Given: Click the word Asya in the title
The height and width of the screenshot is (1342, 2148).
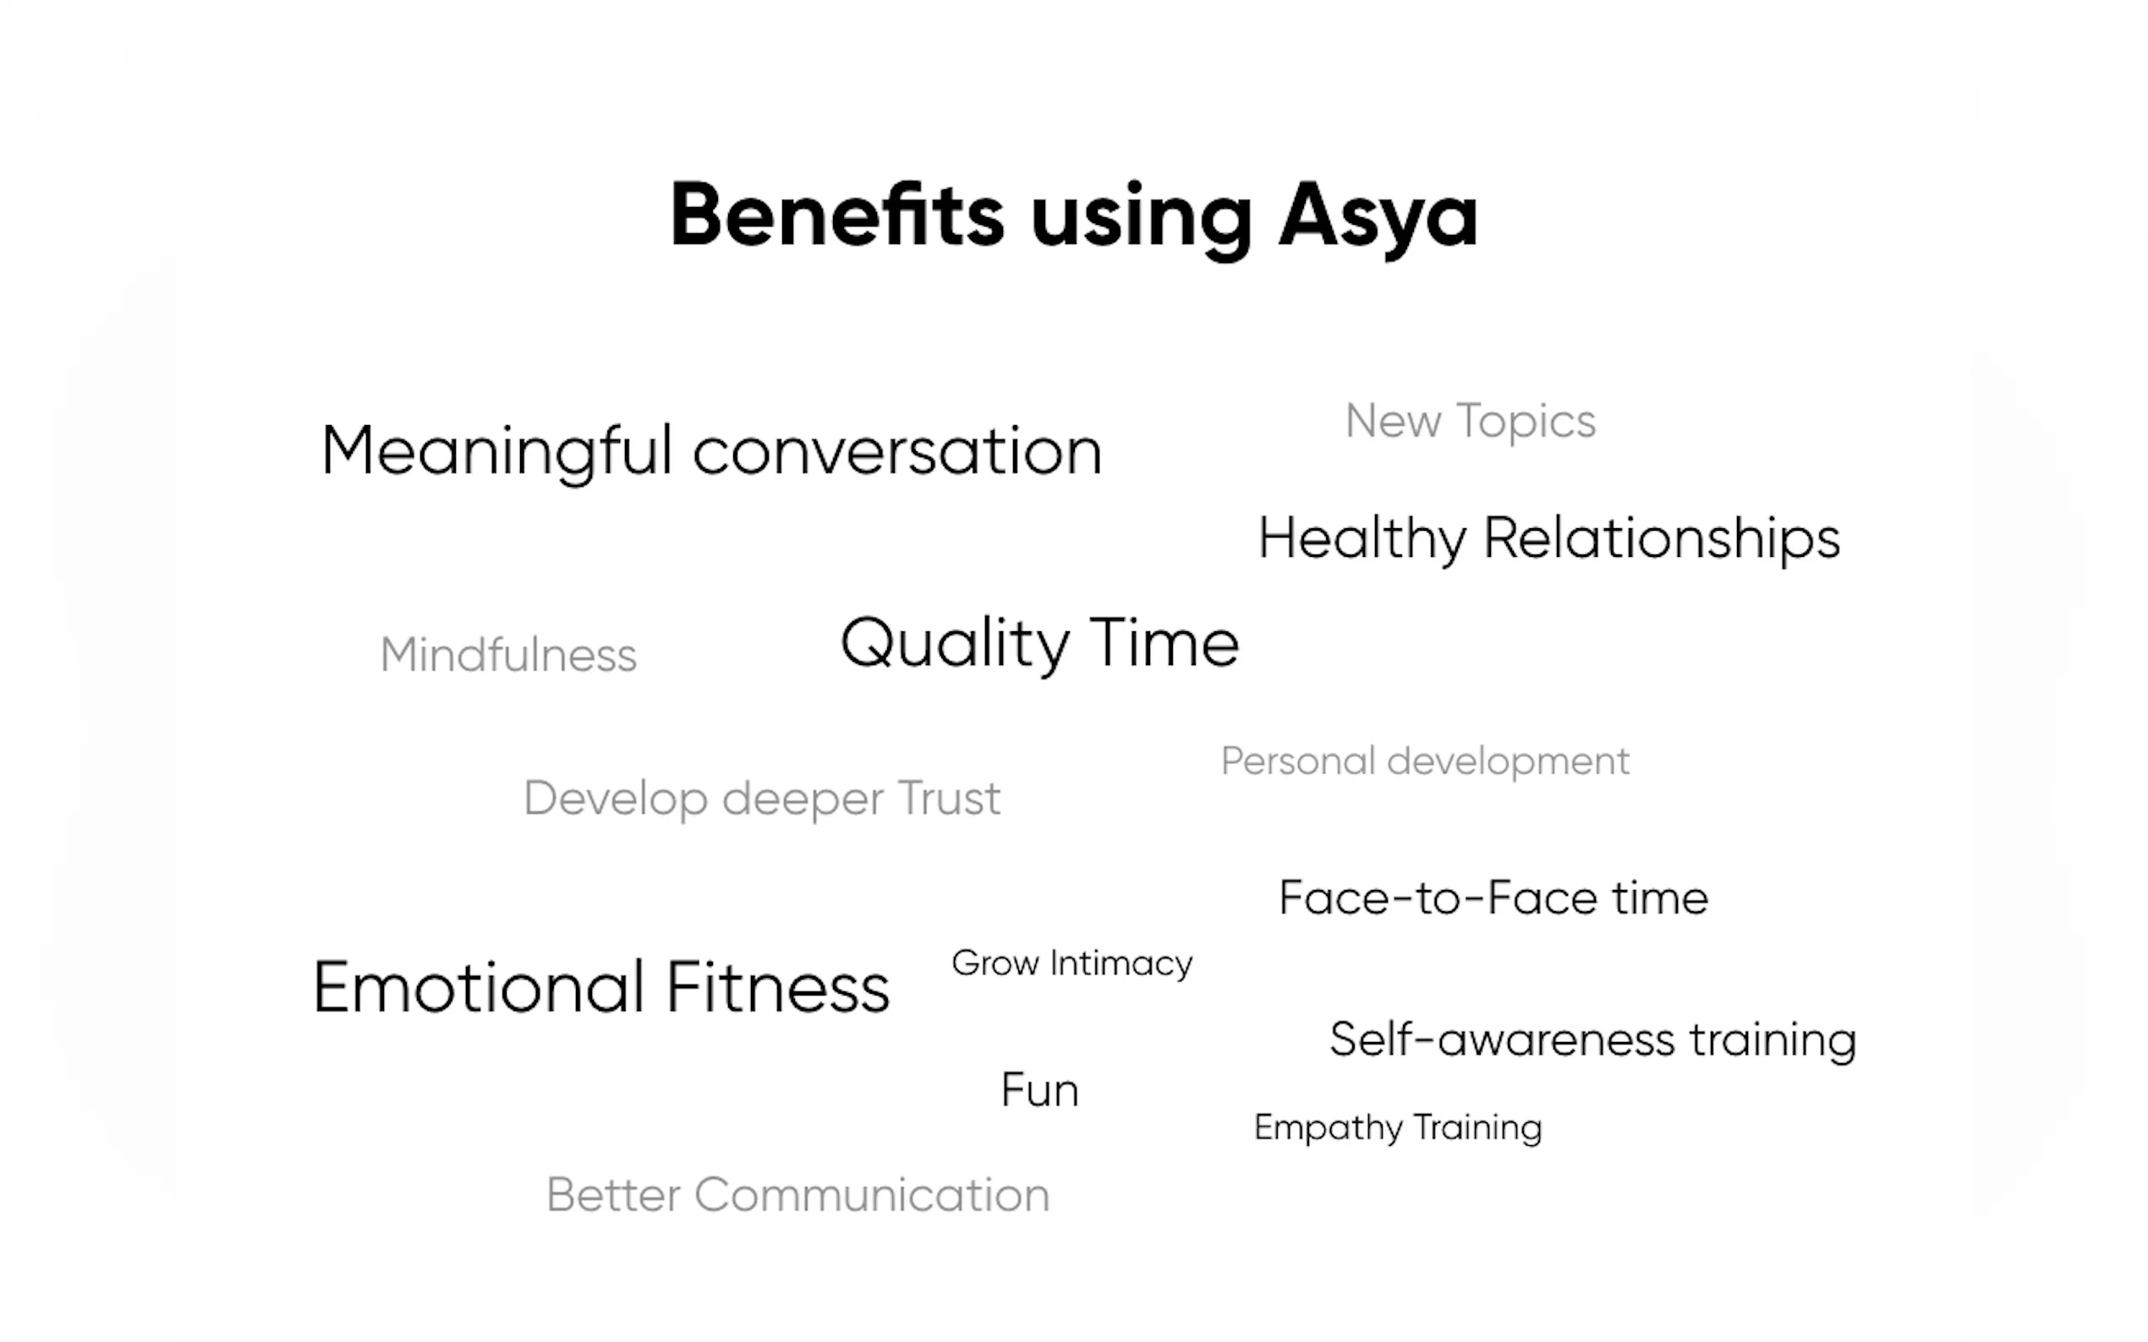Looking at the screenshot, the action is (1378, 218).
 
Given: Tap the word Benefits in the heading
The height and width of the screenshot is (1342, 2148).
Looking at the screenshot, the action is (837, 214).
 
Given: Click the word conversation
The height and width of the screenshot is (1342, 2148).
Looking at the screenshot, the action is (897, 452).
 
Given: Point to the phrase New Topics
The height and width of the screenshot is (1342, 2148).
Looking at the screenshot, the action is (1471, 422).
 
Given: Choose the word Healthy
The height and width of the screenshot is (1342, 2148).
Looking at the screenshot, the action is (1362, 540).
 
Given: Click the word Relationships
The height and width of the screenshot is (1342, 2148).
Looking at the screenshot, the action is (1662, 540).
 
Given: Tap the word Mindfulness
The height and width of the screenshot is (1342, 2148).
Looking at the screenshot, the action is (508, 655).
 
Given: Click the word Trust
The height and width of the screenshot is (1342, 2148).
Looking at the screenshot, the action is (948, 798).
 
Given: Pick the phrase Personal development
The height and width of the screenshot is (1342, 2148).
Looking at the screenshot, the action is (1425, 761).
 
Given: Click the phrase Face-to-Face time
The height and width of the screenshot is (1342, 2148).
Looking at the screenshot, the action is (1493, 897).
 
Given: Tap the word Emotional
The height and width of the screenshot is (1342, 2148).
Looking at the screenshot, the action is (479, 987).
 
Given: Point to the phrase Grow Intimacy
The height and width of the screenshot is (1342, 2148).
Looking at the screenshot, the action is (1071, 964).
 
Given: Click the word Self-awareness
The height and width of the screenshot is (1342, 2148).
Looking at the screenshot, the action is (1502, 1039).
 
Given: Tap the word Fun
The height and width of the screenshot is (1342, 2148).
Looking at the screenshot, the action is (1040, 1090).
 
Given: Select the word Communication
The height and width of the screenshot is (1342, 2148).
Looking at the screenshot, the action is (872, 1195).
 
